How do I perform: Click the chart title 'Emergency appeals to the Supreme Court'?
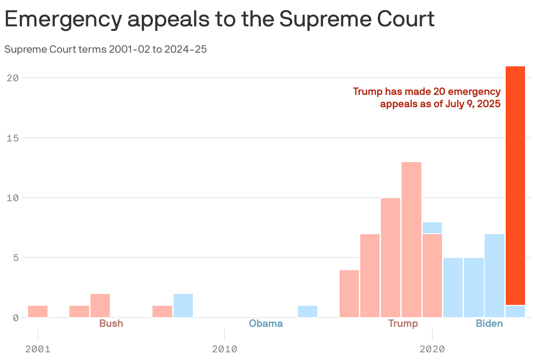pyautogui.click(x=220, y=20)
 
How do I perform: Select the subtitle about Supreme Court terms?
pyautogui.click(x=105, y=49)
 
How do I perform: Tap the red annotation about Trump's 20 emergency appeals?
pyautogui.click(x=427, y=98)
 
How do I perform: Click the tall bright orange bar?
pyautogui.click(x=515, y=185)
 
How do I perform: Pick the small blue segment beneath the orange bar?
pyautogui.click(x=515, y=311)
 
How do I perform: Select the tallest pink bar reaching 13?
pyautogui.click(x=411, y=239)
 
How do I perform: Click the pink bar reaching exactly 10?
pyautogui.click(x=391, y=257)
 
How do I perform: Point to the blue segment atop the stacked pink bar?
pyautogui.click(x=432, y=228)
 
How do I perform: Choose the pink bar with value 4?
pyautogui.click(x=349, y=293)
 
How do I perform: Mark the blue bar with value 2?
pyautogui.click(x=183, y=305)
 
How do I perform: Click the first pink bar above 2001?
pyautogui.click(x=38, y=311)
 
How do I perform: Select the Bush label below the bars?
pyautogui.click(x=111, y=324)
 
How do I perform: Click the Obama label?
pyautogui.click(x=266, y=324)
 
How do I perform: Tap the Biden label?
pyautogui.click(x=489, y=324)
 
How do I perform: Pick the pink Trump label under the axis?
pyautogui.click(x=403, y=324)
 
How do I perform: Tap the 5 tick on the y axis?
pyautogui.click(x=15, y=257)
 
